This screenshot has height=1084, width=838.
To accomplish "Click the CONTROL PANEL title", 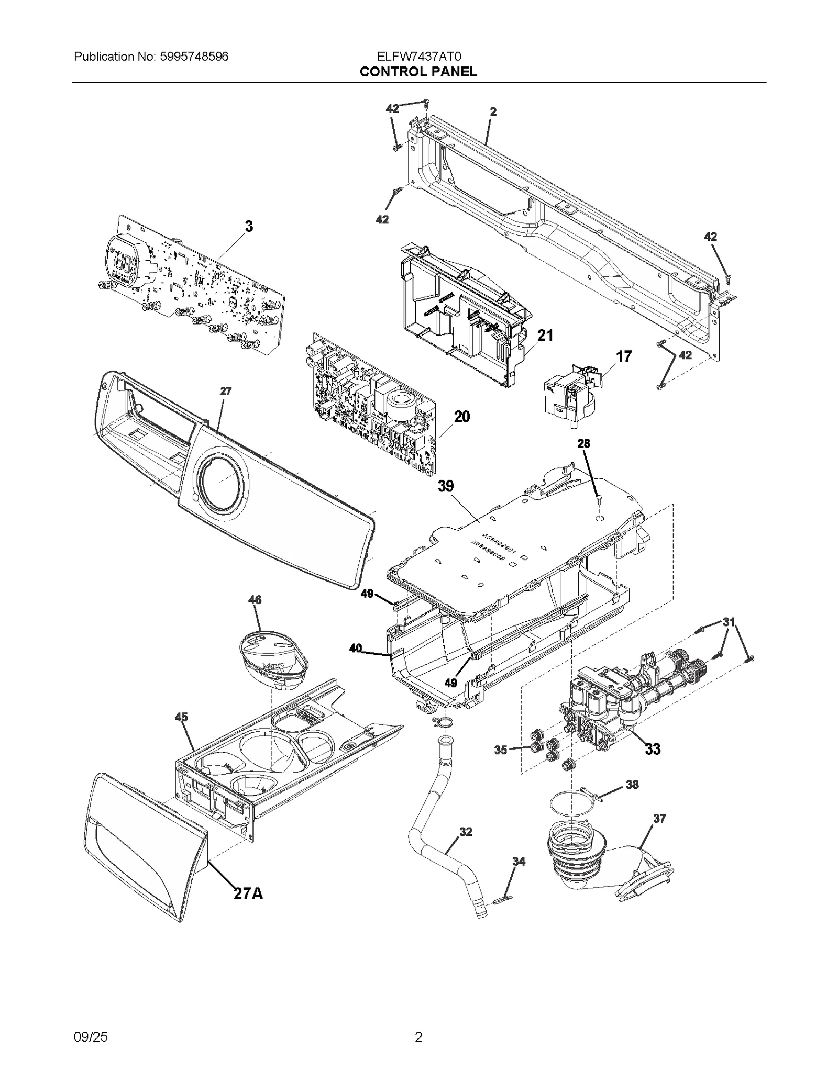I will [x=418, y=72].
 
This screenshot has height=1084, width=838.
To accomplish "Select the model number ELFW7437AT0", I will [x=418, y=57].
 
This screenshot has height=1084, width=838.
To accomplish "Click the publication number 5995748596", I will [x=192, y=57].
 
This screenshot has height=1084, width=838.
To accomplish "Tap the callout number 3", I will [x=249, y=227].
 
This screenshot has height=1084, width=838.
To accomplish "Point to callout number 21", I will [x=545, y=336].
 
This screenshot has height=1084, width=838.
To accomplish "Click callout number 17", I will [x=623, y=357].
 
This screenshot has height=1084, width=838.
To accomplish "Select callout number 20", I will [x=461, y=417].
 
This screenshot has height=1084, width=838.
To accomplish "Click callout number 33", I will [x=653, y=750].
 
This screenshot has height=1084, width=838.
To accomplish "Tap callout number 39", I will [x=446, y=486].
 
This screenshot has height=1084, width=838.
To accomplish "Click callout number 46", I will [x=255, y=600].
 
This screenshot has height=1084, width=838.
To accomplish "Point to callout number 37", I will [x=659, y=818].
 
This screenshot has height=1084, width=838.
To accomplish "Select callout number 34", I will [x=519, y=861].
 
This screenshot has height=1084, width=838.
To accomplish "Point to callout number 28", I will [x=583, y=444].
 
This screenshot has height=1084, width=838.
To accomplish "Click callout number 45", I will [x=181, y=718].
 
